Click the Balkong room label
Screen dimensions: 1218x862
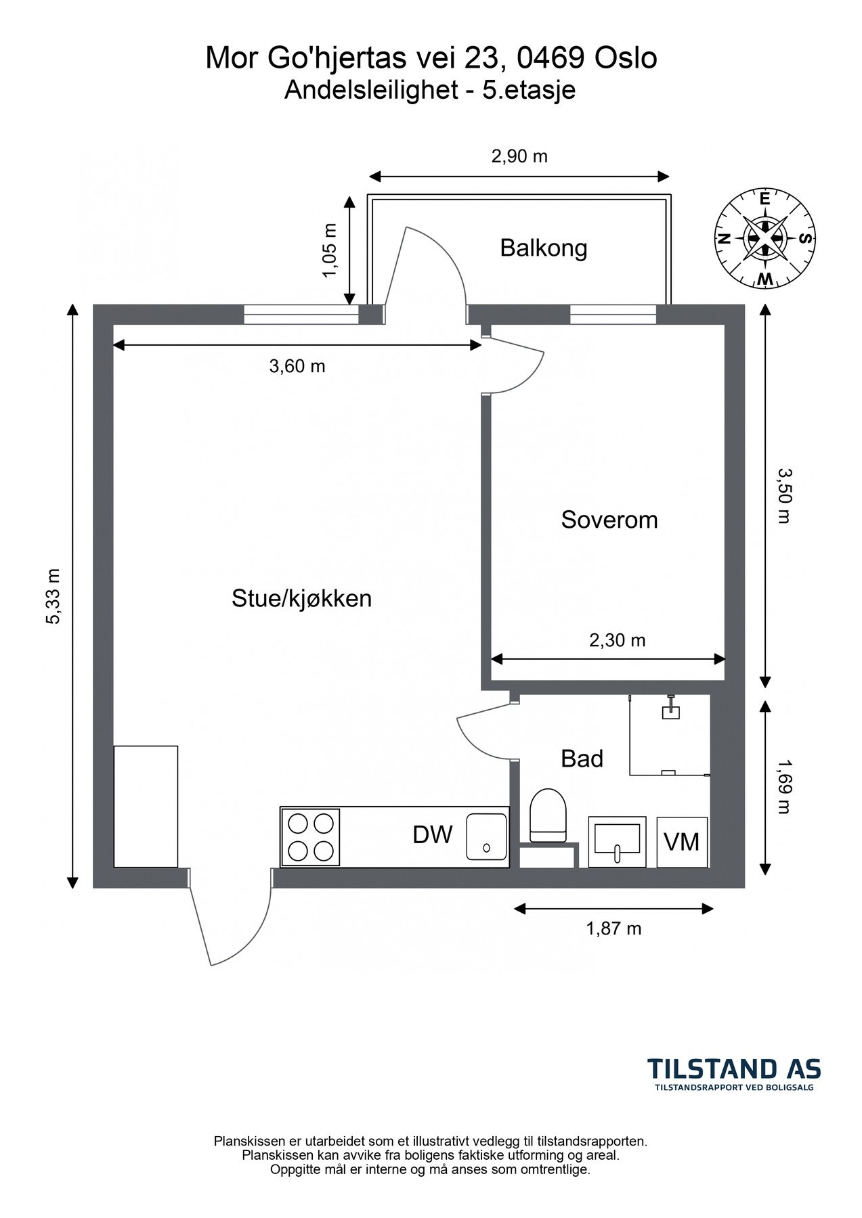point(543,248)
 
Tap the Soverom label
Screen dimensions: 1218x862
point(609,520)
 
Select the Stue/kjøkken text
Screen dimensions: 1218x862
point(301,599)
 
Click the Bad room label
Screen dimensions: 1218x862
point(582,759)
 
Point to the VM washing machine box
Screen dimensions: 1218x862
point(682,842)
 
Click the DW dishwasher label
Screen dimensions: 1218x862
point(433,835)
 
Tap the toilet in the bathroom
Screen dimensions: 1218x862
point(548,815)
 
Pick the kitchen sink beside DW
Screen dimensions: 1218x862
point(486,836)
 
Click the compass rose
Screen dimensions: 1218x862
point(765,238)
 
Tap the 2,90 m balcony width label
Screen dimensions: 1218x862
point(519,156)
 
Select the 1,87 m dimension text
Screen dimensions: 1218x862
point(613,928)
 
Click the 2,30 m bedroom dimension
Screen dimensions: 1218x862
point(617,639)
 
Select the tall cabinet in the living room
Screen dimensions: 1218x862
point(146,806)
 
